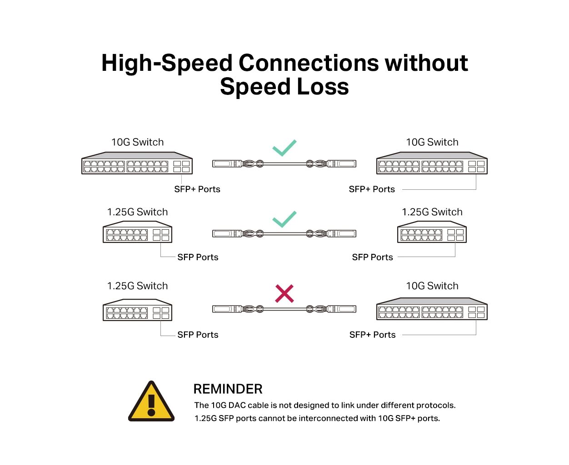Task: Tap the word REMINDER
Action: (x=228, y=389)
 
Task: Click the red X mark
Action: (x=284, y=293)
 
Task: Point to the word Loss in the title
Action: (x=322, y=87)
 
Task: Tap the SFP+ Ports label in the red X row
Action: (x=372, y=335)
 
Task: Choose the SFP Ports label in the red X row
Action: (x=198, y=335)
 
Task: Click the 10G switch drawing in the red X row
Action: (x=432, y=309)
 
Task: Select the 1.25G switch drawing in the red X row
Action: (x=137, y=310)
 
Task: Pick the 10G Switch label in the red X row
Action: (x=432, y=286)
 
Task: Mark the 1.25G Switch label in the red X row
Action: (x=137, y=286)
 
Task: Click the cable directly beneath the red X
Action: (x=284, y=309)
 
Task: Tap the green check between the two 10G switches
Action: (x=284, y=148)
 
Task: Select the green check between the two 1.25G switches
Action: (x=284, y=219)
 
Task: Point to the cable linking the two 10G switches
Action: (x=284, y=163)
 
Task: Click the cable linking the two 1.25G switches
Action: (x=284, y=233)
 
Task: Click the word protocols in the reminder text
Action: (x=436, y=406)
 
